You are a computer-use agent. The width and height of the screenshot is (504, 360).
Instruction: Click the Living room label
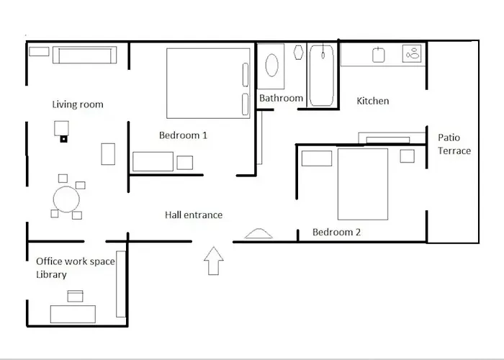(x=78, y=104)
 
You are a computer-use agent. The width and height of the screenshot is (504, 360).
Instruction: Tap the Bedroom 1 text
(x=183, y=135)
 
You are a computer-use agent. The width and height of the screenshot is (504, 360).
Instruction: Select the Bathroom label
(x=282, y=98)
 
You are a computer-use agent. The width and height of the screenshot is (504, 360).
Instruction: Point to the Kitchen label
(x=373, y=101)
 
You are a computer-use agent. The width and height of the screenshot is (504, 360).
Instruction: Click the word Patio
(x=449, y=138)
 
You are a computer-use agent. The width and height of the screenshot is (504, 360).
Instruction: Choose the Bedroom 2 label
(x=336, y=232)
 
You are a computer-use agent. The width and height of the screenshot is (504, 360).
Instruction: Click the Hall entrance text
(x=194, y=215)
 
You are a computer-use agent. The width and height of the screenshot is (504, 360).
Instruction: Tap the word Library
(x=51, y=275)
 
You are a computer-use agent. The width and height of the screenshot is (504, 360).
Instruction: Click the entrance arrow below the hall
(x=214, y=261)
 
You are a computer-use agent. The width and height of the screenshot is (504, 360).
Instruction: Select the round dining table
(x=66, y=199)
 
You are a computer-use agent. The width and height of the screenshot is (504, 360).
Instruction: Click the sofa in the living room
(x=84, y=55)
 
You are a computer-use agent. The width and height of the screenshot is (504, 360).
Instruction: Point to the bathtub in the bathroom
(x=322, y=76)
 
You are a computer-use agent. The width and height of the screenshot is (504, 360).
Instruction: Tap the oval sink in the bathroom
(x=272, y=66)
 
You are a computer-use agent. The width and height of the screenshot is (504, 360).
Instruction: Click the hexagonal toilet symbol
(x=299, y=53)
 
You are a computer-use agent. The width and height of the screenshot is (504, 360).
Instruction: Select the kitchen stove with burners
(x=412, y=54)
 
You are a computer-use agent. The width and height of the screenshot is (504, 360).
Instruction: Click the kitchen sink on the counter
(x=379, y=55)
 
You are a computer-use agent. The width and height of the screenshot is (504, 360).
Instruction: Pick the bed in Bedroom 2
(x=363, y=184)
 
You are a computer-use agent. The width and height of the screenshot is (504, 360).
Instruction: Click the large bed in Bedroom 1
(x=208, y=84)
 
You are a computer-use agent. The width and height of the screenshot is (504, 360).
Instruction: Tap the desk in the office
(x=73, y=314)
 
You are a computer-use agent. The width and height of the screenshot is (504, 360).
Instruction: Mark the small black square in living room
(x=63, y=139)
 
